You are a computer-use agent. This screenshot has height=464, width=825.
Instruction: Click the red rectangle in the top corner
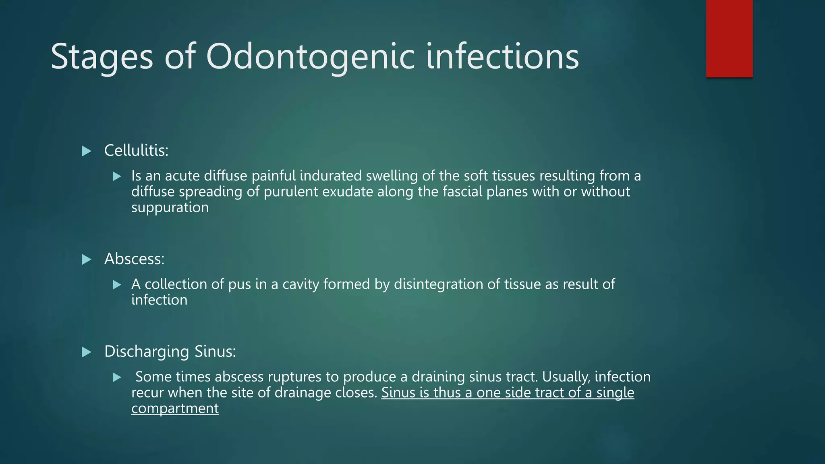coord(729,39)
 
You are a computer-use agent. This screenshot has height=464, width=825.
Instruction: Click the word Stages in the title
coord(102,57)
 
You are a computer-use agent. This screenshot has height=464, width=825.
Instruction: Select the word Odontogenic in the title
coord(310,57)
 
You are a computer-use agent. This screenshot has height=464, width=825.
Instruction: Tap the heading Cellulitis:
coord(136,151)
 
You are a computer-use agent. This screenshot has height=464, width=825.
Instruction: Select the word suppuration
coord(170,207)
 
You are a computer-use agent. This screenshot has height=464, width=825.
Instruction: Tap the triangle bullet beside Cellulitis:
coord(86,151)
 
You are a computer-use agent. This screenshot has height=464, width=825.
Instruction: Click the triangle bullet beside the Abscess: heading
coord(86,260)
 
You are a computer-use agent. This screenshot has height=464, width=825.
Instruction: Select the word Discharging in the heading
coord(147,352)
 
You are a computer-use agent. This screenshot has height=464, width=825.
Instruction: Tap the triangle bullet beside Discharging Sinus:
coord(86,352)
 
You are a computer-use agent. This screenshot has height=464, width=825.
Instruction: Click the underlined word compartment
coord(175,409)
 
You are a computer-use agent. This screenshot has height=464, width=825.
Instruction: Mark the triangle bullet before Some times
coord(117,377)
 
